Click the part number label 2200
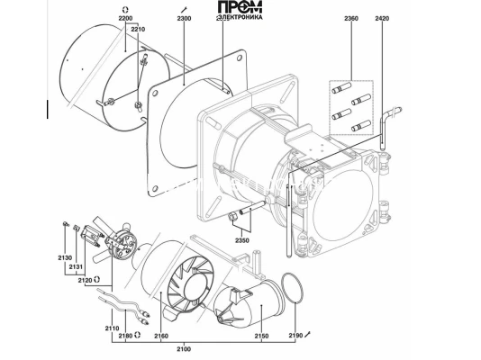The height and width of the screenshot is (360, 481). coord(125,18)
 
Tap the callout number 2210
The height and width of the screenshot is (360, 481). coord(138,30)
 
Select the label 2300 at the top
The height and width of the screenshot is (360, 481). coord(184,18)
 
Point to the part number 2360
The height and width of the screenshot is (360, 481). coord(351,18)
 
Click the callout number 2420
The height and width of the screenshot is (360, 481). coord(382,18)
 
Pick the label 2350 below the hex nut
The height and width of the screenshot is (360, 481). coord(242,240)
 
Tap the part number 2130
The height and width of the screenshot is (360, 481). coord(65,258)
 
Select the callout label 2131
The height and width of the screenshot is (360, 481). coord(76,267)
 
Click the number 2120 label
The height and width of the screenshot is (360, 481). coord(85,280)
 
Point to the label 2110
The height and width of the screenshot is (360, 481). coord(112,328)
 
